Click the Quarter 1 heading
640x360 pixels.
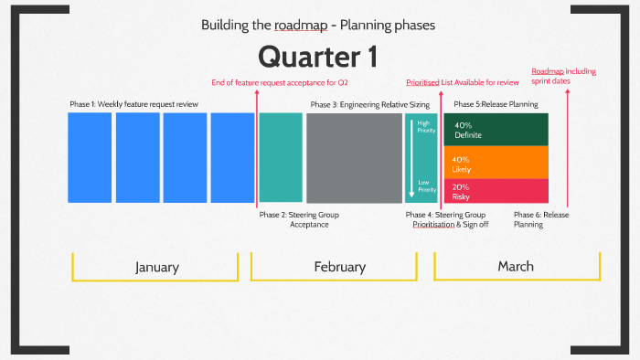(x=317, y=57)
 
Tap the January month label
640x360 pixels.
(x=156, y=267)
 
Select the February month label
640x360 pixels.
(x=339, y=267)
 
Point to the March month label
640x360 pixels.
(x=516, y=266)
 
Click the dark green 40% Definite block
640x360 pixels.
(x=496, y=130)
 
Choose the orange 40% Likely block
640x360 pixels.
(x=496, y=163)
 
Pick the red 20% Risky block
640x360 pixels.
(x=496, y=191)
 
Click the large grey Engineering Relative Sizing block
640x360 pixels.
(x=354, y=157)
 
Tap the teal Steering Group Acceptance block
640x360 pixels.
(x=281, y=157)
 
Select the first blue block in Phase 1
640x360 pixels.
(x=90, y=157)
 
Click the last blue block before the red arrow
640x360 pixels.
(x=232, y=157)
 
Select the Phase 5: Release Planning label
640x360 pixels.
(x=495, y=104)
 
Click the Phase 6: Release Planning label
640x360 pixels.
(x=540, y=219)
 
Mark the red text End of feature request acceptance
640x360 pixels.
(x=280, y=83)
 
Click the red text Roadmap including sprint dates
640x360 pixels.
(x=564, y=75)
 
